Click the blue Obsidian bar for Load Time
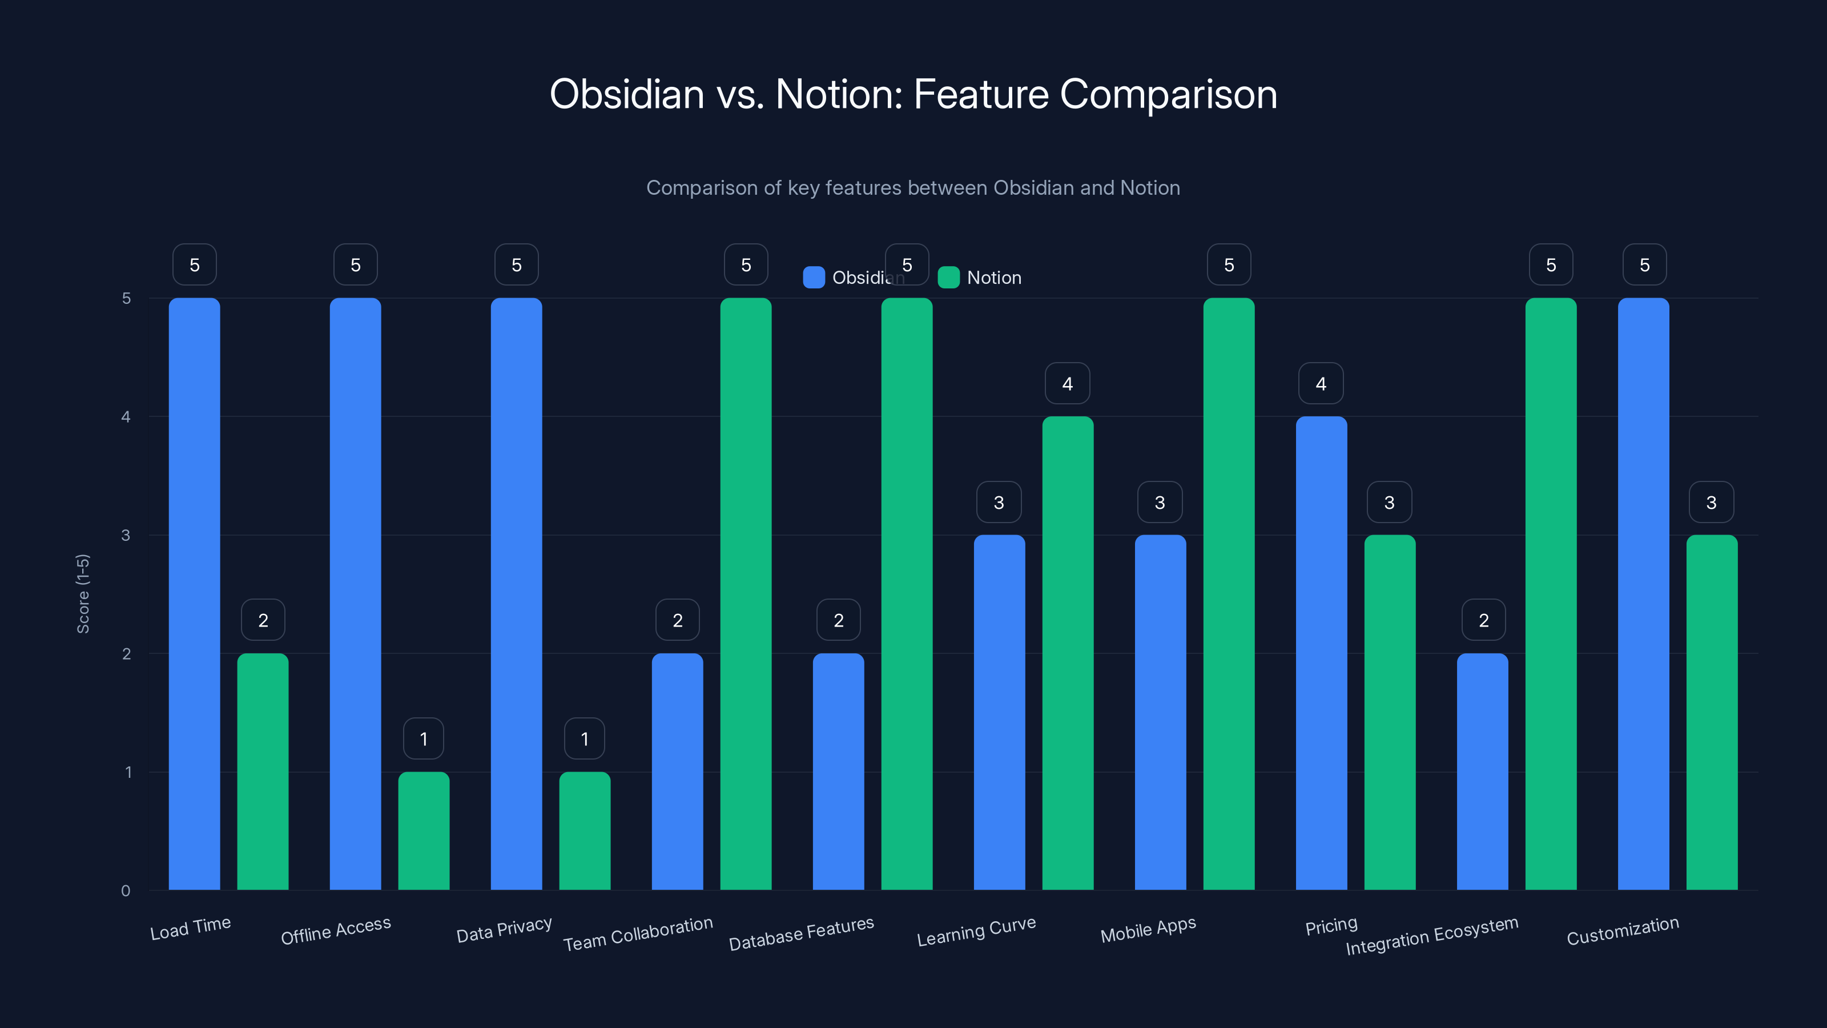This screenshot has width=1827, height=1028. click(194, 594)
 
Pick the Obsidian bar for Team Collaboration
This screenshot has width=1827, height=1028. click(677, 771)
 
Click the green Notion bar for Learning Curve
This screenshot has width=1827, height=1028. click(1068, 653)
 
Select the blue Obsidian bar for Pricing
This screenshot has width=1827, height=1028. click(1321, 653)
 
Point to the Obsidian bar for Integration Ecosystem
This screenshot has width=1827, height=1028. click(1482, 771)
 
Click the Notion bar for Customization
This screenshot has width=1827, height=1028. click(1712, 712)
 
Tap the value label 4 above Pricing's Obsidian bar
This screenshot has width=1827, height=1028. click(1321, 384)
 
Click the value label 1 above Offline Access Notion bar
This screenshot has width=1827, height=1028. click(424, 739)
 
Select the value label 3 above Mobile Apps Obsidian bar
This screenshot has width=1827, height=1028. click(1160, 503)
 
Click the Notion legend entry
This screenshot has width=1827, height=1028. click(993, 278)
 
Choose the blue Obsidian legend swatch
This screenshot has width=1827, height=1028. click(814, 278)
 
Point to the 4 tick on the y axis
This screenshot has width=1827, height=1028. click(126, 417)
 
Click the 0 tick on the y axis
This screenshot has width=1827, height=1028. click(126, 890)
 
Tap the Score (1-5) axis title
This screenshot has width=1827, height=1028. click(83, 594)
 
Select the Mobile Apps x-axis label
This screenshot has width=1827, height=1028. click(1148, 929)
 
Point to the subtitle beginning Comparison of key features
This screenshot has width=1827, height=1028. click(913, 188)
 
